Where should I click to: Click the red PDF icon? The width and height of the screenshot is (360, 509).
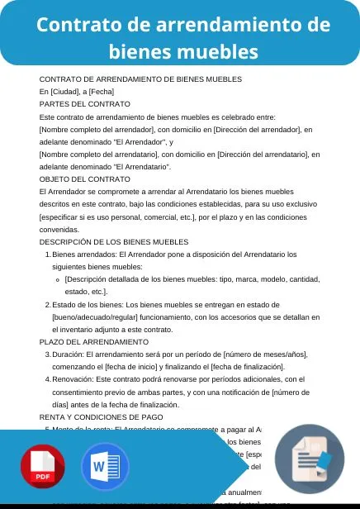point(44,468)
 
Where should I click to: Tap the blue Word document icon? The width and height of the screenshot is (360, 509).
point(105,467)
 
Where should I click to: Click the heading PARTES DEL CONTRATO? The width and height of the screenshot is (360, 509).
point(85,103)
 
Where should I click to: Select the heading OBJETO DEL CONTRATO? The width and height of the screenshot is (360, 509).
point(85,178)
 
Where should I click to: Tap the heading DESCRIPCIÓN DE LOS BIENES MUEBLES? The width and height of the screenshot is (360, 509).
point(114,241)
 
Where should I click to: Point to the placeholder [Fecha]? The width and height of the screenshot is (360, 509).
point(102,91)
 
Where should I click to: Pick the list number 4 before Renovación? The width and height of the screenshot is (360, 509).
point(47,379)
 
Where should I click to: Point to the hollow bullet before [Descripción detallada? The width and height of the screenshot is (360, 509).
point(56,279)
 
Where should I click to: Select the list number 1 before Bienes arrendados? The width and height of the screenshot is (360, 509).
point(47,254)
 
